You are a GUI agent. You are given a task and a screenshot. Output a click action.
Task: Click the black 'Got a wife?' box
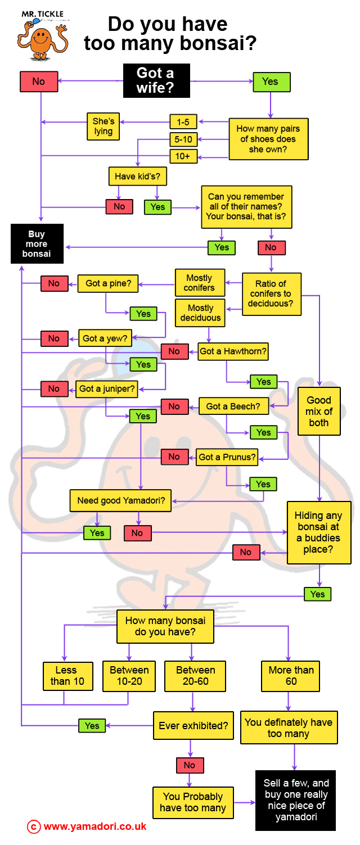(156, 81)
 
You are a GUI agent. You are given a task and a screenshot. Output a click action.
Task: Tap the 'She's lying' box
(103, 126)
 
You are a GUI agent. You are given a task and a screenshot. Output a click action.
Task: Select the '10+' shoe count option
(183, 156)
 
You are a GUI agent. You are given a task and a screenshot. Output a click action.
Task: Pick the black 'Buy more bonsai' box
(37, 244)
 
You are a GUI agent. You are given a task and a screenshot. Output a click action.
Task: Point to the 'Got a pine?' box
(109, 283)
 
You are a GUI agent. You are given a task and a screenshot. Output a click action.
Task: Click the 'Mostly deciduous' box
(201, 313)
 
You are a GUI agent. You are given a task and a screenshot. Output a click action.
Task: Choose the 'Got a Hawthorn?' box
(233, 351)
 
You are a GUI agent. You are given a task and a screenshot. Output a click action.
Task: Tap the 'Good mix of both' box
(319, 411)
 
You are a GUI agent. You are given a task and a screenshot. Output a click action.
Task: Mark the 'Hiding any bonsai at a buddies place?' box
(319, 532)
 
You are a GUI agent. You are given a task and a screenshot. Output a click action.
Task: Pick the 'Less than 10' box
(66, 675)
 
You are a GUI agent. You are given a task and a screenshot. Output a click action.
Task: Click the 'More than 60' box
(291, 675)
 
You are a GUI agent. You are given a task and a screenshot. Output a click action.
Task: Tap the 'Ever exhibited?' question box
(193, 726)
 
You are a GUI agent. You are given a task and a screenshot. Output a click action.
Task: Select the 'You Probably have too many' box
(193, 802)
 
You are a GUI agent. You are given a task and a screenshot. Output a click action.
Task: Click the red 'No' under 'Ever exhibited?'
(190, 765)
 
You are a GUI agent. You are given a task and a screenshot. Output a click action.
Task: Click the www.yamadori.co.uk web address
(94, 826)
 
